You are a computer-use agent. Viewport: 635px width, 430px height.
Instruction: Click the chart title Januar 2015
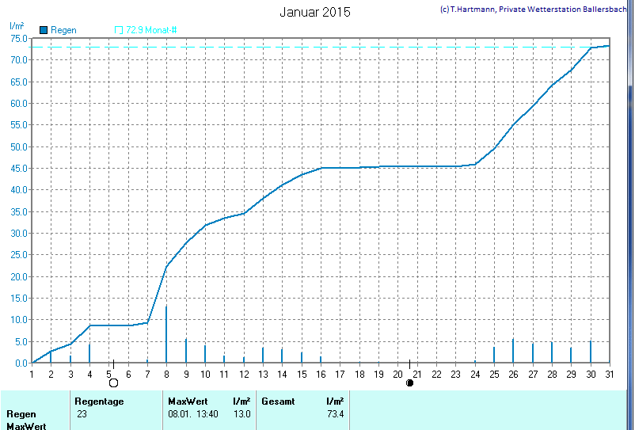click(314, 13)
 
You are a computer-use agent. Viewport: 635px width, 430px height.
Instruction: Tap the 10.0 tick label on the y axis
click(19, 320)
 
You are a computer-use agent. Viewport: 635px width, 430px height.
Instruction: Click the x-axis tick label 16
click(321, 374)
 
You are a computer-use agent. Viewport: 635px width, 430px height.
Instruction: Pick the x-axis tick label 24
click(475, 374)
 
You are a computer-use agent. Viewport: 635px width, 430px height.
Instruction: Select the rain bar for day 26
click(513, 351)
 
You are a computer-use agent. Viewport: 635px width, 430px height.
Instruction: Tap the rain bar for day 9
click(186, 351)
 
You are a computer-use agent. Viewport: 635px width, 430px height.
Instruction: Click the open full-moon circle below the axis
click(113, 383)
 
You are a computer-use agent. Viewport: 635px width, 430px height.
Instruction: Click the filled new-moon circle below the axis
click(409, 383)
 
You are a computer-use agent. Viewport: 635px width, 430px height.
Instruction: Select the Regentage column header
click(99, 401)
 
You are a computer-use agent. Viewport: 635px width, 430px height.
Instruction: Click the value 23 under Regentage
click(82, 414)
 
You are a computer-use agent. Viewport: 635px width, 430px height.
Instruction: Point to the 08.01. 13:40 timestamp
click(192, 414)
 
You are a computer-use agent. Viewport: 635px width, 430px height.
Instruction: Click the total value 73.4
click(335, 414)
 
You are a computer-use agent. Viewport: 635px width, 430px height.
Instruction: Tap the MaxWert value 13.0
click(241, 414)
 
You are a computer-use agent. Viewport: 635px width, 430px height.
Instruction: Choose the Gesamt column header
click(278, 401)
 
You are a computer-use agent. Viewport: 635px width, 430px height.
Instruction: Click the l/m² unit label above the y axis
click(17, 25)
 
